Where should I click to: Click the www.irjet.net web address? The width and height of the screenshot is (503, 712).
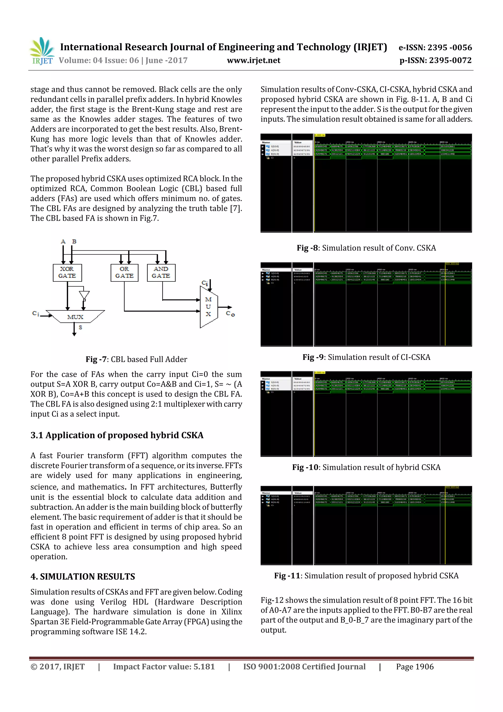point(253,60)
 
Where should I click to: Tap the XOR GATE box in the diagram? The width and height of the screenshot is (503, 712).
point(67,273)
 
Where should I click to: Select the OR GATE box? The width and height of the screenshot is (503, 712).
point(124,273)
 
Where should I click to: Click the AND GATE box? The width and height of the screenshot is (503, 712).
point(161,273)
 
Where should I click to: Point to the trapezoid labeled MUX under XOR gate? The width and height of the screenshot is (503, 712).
point(75,317)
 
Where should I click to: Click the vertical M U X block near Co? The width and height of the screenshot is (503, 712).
point(209,307)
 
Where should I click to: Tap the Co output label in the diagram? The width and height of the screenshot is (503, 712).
point(230,314)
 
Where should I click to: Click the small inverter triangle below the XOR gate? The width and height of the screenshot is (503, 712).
point(84,295)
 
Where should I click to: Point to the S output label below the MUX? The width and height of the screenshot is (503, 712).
point(81,327)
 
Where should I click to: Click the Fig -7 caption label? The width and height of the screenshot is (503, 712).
point(96,359)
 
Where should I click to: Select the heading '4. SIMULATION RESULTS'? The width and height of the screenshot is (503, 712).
point(83,577)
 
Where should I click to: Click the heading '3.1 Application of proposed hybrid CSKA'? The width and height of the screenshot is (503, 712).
point(117,435)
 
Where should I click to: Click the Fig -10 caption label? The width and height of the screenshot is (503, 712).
point(305,467)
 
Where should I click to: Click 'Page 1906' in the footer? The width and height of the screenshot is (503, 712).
point(415,667)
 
